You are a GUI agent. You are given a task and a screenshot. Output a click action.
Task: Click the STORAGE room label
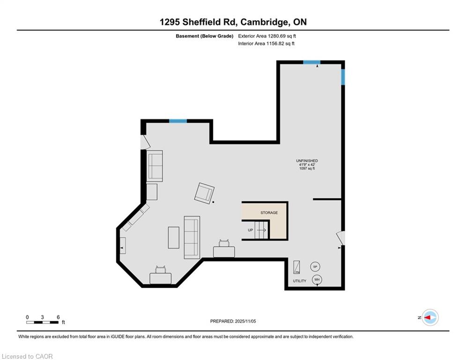tap(269, 213)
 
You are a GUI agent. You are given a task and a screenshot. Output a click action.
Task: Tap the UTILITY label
tap(299, 281)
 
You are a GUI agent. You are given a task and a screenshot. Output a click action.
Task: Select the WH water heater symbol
tap(317, 280)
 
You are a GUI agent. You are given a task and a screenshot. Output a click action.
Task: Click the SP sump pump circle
tap(315, 267)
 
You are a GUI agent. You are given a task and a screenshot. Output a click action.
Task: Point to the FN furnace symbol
tap(296, 267)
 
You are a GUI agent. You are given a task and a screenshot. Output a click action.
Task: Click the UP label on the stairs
tap(251, 230)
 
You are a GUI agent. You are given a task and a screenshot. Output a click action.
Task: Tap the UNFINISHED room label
tap(307, 161)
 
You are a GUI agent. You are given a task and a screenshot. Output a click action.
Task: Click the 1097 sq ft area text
tap(307, 168)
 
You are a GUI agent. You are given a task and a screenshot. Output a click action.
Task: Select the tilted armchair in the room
tap(204, 193)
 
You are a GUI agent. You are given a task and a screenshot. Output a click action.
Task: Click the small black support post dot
tap(213, 202)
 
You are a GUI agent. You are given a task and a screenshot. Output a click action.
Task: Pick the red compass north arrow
tap(428, 318)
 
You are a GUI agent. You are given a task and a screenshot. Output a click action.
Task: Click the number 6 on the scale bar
tap(58, 317)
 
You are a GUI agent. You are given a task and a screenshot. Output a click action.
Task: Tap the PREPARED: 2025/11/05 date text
tap(233, 321)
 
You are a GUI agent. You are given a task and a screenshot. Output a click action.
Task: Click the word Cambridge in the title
tap(264, 22)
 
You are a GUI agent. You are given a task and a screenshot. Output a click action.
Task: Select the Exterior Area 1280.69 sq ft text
tap(267, 36)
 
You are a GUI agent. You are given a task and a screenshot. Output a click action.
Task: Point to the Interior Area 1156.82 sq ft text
tap(266, 44)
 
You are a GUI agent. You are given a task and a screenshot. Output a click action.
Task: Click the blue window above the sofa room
tap(178, 121)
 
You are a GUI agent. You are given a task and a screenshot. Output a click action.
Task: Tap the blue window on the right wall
tap(343, 77)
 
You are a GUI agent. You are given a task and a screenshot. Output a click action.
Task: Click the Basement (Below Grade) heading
tap(205, 36)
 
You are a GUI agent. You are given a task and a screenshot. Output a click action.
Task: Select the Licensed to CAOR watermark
tap(27, 356)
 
